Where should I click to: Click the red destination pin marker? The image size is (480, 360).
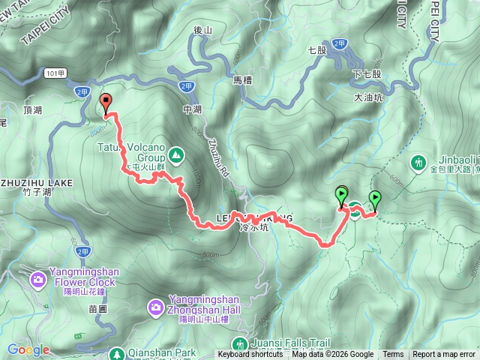pos(106,103)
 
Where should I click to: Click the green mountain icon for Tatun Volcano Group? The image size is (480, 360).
pos(175,155)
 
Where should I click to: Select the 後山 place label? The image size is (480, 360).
pos(203,31)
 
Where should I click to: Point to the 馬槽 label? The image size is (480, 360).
pos(241,79)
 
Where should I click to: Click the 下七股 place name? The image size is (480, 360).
pos(367,74)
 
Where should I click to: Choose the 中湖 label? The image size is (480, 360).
pos(193,109)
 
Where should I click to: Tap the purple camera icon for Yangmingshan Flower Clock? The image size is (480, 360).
pos(37,280)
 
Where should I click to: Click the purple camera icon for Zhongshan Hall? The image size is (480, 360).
pos(155,306)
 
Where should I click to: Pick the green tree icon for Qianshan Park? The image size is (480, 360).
pos(116,352)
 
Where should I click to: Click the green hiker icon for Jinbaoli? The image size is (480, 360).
pos(418,161)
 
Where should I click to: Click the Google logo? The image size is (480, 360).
pos(28,349)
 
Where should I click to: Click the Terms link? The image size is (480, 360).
pos(393,355)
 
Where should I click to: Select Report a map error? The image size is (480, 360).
pos(444,355)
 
